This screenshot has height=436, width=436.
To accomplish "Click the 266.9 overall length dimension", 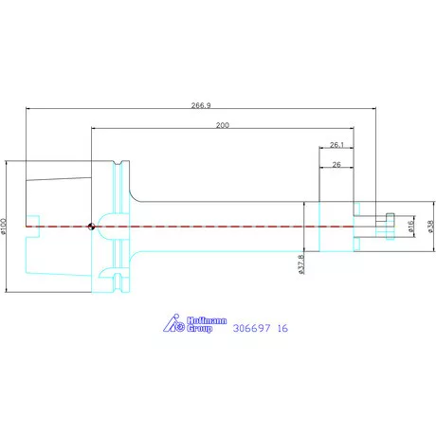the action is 201,105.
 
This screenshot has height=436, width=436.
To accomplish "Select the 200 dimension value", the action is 223,125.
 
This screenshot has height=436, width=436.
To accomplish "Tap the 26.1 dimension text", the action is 336,145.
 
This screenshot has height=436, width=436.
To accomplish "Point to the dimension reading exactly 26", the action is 336,165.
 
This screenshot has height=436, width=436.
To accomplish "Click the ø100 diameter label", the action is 4,227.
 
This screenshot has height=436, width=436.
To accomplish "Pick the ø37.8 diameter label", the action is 301,264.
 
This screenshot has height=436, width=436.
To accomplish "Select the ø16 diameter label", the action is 410,227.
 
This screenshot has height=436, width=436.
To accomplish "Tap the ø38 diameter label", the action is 431,227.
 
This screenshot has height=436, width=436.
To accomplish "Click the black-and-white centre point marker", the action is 91,227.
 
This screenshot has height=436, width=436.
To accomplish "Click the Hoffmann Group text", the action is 207,324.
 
